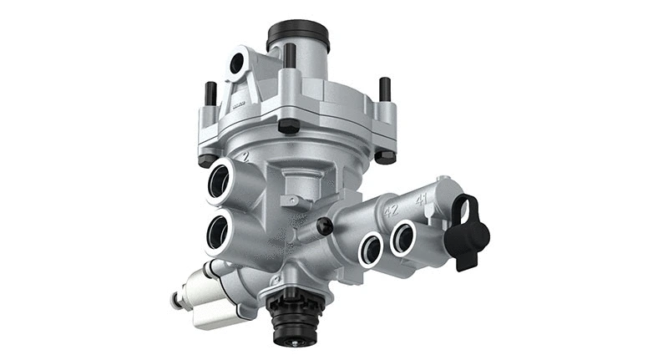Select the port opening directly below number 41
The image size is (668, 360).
click(405, 236)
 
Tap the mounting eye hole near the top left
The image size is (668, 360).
click(236, 63)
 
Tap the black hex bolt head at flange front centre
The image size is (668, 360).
click(289, 126)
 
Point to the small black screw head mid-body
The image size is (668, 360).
click(325, 226)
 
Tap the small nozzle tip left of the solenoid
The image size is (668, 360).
click(176, 300)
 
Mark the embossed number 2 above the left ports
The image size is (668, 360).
click(245, 156)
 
